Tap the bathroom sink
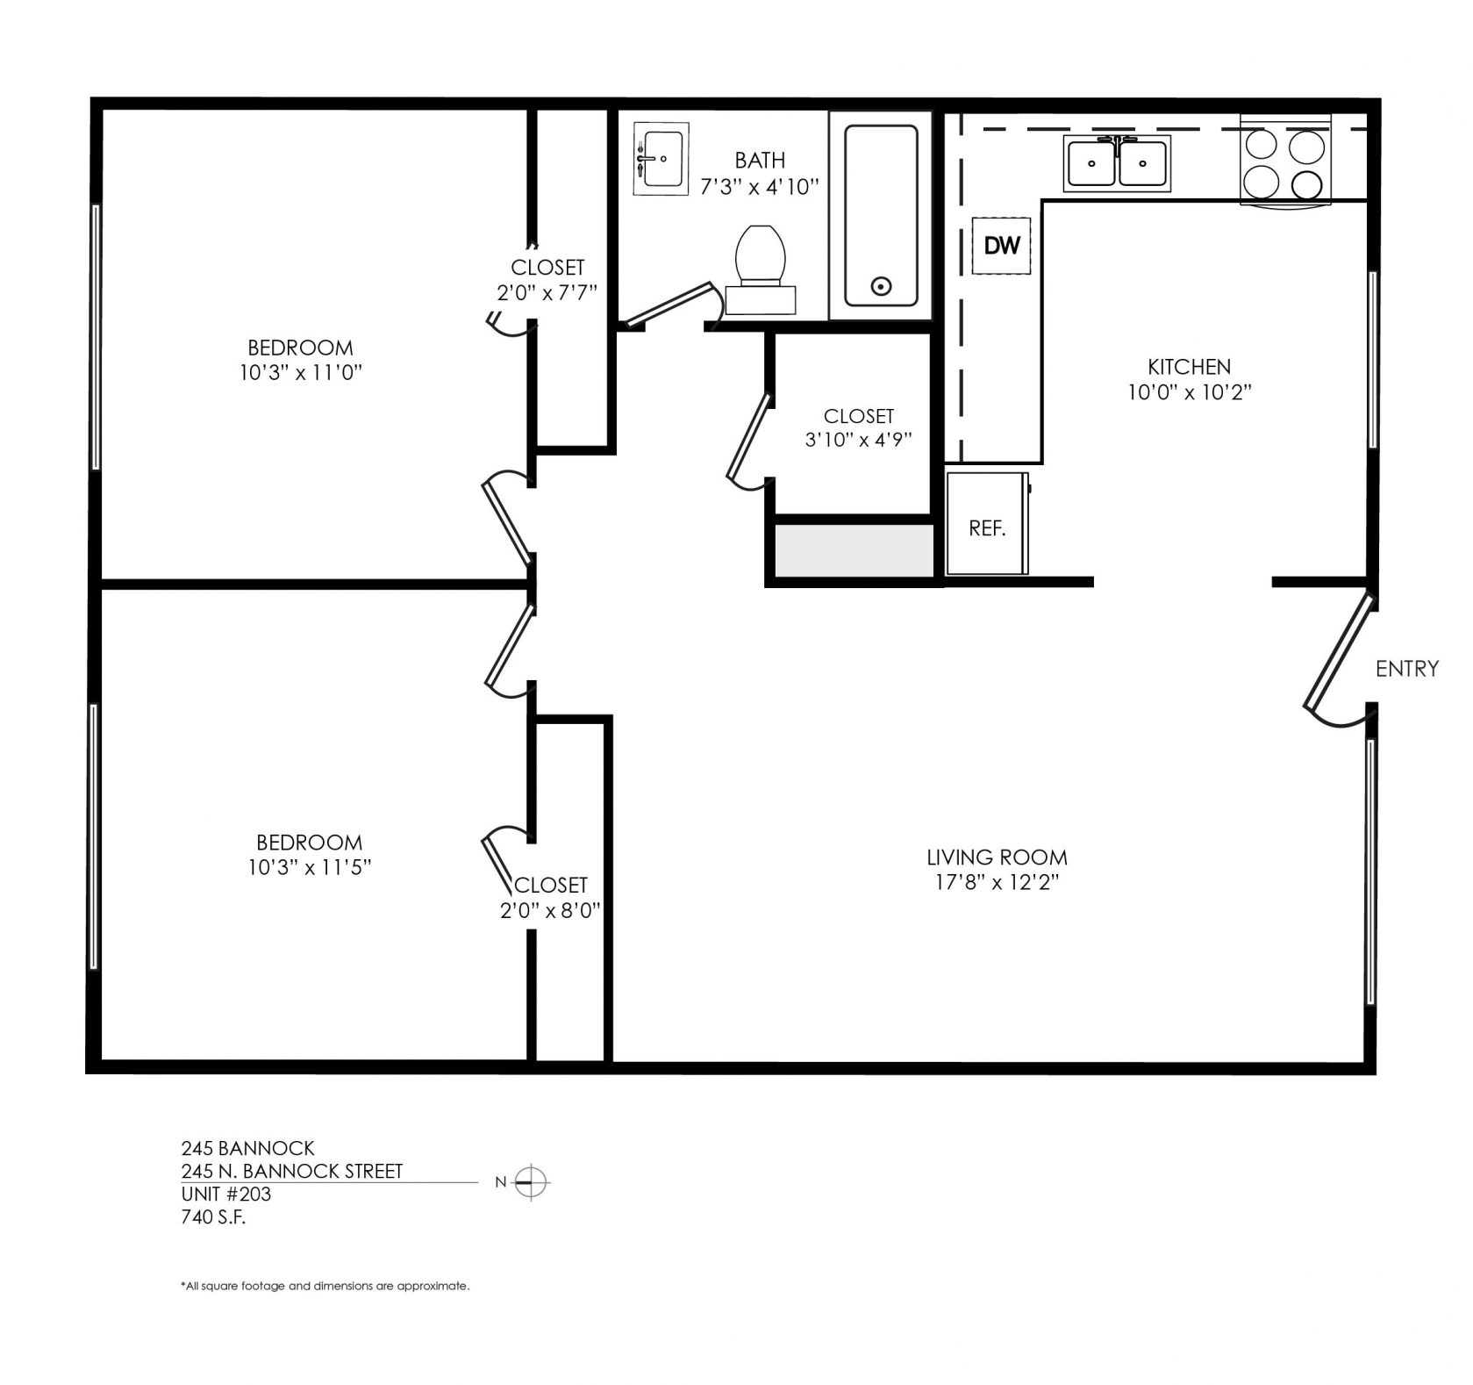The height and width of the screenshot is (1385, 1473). click(661, 159)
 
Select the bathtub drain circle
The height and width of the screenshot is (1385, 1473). click(881, 285)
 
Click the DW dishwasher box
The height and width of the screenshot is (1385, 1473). click(1001, 245)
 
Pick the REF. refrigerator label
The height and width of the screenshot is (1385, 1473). click(987, 528)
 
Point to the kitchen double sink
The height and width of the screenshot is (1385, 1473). click(1117, 163)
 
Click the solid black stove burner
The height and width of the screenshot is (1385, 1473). click(1307, 184)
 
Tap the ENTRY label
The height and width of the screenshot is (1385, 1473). click(1407, 669)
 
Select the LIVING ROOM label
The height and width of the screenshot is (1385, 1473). click(997, 857)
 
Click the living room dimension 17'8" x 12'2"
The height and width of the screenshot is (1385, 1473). click(997, 882)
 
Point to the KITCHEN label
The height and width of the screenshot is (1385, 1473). click(1189, 367)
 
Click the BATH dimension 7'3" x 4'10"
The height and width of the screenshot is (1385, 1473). click(760, 186)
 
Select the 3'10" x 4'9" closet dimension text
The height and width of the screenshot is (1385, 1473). click(858, 440)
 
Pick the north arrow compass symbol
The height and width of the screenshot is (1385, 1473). click(531, 1183)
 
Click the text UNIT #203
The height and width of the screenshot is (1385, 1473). click(226, 1194)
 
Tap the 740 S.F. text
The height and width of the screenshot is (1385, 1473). click(213, 1216)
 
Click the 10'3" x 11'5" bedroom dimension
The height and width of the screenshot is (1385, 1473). click(309, 867)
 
